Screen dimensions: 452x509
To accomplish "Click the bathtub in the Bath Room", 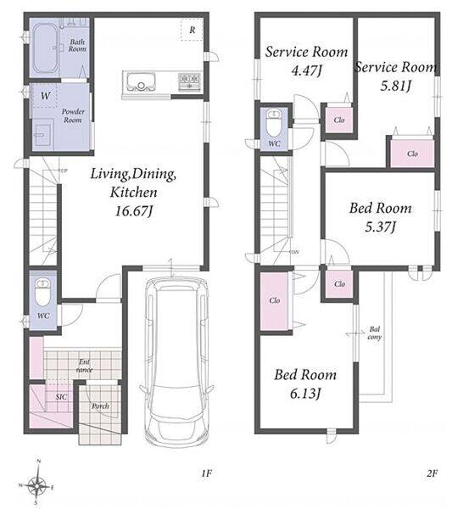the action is pos(46,48).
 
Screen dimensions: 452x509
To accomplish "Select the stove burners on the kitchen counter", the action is pos(189,81).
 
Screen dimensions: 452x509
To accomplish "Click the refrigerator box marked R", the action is pos(193,30).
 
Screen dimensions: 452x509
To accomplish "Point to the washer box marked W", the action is pos(45,96).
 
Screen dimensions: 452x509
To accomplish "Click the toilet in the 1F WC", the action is pos(43,292).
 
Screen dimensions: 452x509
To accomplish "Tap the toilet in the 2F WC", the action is pos(274,123).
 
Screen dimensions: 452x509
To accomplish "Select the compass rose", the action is pos(37,485).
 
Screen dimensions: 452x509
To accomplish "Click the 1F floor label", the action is pos(206,473).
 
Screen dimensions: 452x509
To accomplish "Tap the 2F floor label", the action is pos(432,473).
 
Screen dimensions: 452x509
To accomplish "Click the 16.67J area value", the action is pos(134,211).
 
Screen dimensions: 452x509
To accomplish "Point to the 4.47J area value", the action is pos(306,70).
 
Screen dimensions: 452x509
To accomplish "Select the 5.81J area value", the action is pos(396,86).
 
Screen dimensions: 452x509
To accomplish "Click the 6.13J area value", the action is pos(305,394).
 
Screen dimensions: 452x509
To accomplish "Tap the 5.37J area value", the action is pos(380,227).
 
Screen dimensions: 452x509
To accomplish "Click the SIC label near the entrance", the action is pos(61,397).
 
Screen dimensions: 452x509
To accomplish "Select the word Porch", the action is pos(100,406).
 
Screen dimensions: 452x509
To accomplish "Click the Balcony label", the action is pos(375,333).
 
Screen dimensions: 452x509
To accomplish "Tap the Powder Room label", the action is pos(73,115).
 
